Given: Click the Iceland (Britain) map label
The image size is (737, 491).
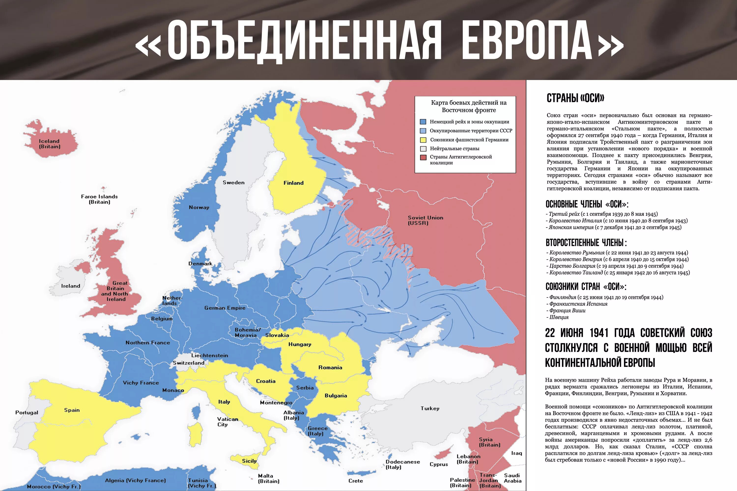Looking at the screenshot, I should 50,144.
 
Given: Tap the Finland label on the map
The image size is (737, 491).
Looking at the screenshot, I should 293,183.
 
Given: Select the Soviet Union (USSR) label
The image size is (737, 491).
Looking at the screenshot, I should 425,220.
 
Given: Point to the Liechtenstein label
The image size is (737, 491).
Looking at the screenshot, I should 209,355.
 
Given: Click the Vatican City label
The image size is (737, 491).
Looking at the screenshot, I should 227,422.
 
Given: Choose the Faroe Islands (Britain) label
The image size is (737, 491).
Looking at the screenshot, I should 99,199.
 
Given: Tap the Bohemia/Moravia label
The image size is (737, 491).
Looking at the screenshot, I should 247,333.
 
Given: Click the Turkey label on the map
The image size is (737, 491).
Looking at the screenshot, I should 430,408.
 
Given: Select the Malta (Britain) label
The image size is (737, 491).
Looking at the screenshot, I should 269,478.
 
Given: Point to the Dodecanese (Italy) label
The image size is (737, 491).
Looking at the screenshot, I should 402,464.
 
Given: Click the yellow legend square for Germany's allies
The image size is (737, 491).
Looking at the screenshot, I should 423,140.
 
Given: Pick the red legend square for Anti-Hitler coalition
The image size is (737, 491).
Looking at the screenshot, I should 423,157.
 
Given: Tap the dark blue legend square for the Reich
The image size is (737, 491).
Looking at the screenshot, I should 423,122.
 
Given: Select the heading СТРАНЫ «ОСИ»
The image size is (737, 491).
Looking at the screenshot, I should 575,98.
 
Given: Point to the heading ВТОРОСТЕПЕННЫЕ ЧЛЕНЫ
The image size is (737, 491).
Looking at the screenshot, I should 586,243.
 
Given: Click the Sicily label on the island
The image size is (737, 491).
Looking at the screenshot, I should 249,461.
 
